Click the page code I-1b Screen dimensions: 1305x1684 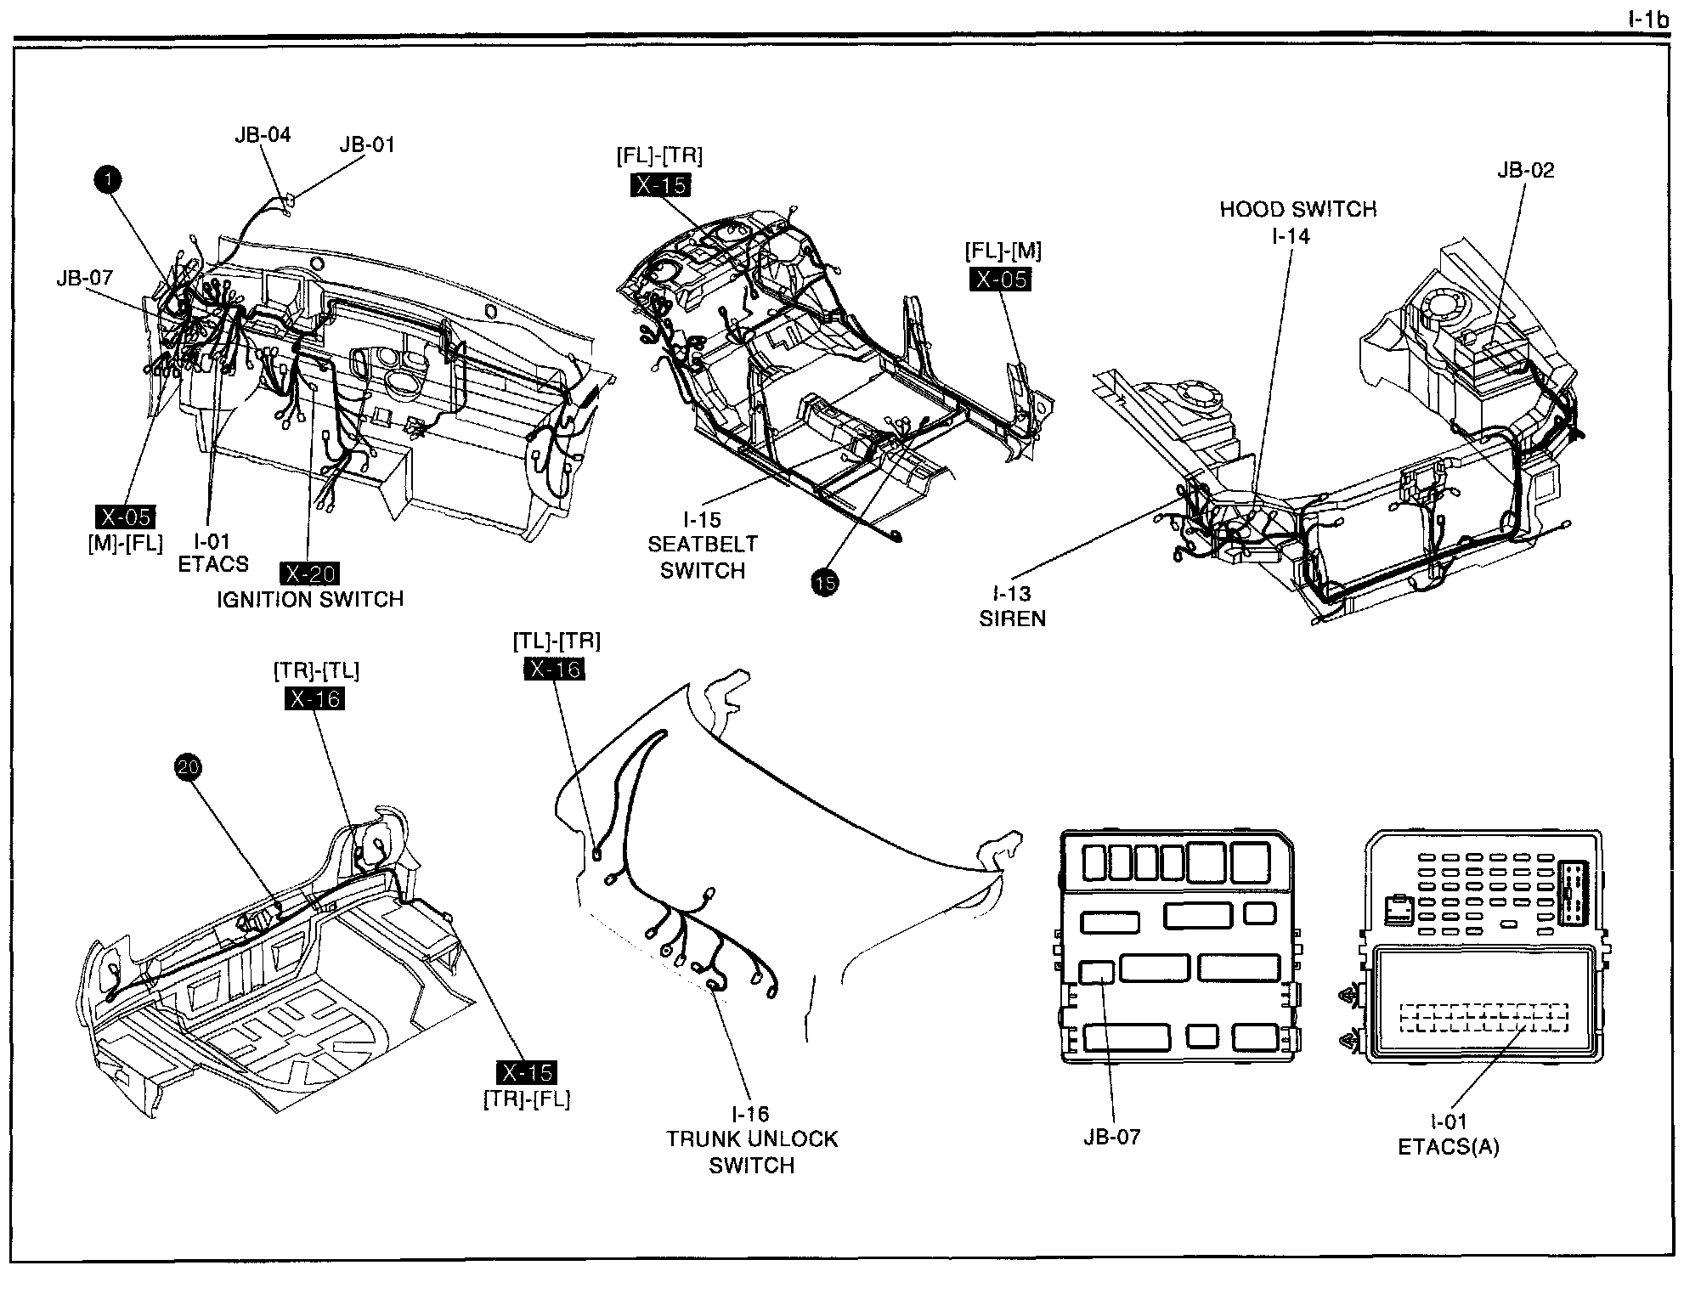[x=1649, y=19]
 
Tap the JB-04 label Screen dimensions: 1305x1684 [x=263, y=134]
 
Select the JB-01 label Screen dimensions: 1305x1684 [x=367, y=144]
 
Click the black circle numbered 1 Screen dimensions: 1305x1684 [x=108, y=179]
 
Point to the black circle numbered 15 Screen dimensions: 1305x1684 [x=824, y=583]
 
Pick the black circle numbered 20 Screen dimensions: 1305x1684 [x=188, y=768]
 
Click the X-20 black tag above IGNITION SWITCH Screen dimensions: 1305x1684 [x=312, y=573]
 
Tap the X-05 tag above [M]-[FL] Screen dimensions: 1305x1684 [x=126, y=517]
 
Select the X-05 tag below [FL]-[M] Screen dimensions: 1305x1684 [x=1000, y=279]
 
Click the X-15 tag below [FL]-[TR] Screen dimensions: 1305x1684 [x=661, y=185]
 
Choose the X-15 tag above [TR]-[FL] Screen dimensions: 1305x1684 [x=528, y=1072]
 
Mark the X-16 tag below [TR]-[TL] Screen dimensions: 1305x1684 [x=315, y=698]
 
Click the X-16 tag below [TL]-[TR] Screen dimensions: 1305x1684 [x=554, y=669]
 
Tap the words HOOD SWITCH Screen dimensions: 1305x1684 [x=1298, y=209]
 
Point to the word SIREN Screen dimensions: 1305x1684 [x=1012, y=619]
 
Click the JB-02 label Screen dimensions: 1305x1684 [x=1525, y=170]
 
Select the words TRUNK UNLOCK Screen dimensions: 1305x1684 [x=752, y=1139]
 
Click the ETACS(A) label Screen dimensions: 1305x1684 [x=1449, y=1147]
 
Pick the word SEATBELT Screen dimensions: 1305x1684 [x=703, y=545]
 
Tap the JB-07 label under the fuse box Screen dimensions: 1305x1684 [x=1111, y=1137]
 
